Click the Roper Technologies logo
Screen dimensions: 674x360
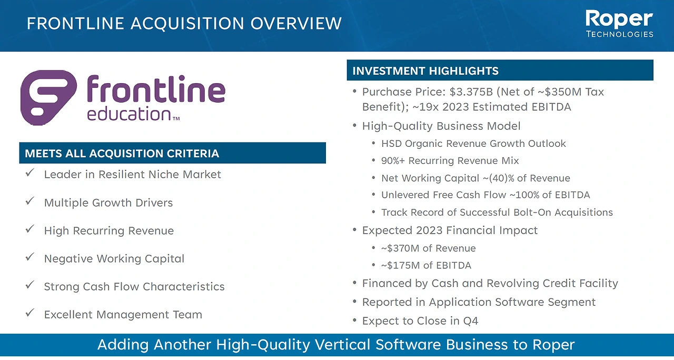click(619, 24)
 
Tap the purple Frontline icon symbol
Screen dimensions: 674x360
click(48, 97)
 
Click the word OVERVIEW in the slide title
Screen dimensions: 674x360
click(296, 24)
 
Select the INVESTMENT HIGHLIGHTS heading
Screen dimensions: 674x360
click(425, 71)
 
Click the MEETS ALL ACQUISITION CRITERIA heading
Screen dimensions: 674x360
click(122, 153)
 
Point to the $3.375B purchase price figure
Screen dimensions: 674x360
click(471, 92)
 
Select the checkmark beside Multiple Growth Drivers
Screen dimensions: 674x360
click(30, 201)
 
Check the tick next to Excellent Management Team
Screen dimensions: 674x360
click(30, 313)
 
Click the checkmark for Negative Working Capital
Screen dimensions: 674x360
click(30, 257)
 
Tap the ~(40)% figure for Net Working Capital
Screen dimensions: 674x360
click(498, 178)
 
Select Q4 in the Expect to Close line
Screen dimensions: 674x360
click(471, 321)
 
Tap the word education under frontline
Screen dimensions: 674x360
click(129, 114)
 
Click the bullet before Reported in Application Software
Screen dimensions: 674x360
click(355, 301)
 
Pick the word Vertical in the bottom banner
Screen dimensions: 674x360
click(343, 345)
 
